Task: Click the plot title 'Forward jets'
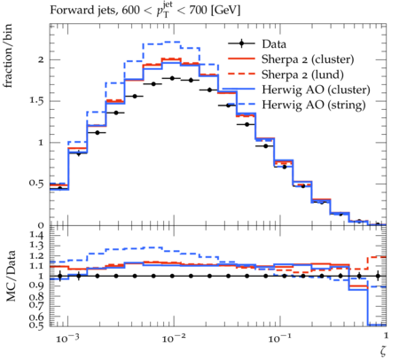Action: pos(83,11)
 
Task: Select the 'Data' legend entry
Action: pos(274,44)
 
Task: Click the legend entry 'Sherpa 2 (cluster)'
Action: pos(308,59)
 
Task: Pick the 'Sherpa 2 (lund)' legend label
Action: pos(302,74)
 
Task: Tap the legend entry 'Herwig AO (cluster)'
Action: pos(316,90)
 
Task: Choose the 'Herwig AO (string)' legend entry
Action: pos(314,105)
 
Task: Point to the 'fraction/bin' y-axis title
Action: pos(8,56)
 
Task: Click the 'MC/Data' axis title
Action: pos(11,276)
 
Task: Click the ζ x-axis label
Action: pos(383,350)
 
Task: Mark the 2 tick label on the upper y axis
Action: pos(41,59)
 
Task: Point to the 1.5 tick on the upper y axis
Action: pos(36,101)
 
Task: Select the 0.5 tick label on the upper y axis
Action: pos(36,184)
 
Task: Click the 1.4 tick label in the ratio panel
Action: pos(36,236)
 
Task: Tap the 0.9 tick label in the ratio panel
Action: pos(36,286)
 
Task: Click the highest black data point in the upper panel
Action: pos(172,78)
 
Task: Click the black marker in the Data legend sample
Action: pos(241,43)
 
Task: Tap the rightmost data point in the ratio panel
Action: pos(378,276)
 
